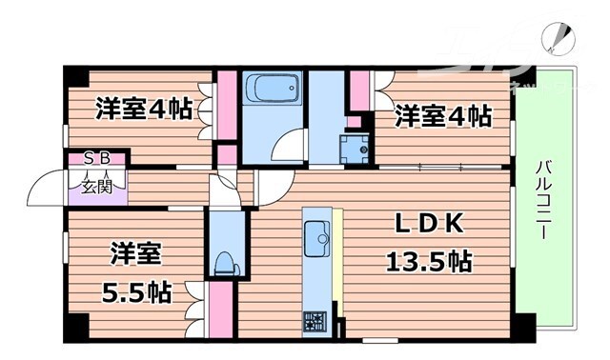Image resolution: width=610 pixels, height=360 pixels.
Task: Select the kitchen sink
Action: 315,235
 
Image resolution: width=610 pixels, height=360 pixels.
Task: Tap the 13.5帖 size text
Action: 429,260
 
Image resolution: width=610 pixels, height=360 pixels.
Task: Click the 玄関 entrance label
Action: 96,186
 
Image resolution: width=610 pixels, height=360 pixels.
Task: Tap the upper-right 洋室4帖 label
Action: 443,117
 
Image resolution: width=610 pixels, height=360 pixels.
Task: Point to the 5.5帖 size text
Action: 136,292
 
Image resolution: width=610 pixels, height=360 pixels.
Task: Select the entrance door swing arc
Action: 44,189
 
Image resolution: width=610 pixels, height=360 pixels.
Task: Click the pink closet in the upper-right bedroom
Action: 360,91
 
